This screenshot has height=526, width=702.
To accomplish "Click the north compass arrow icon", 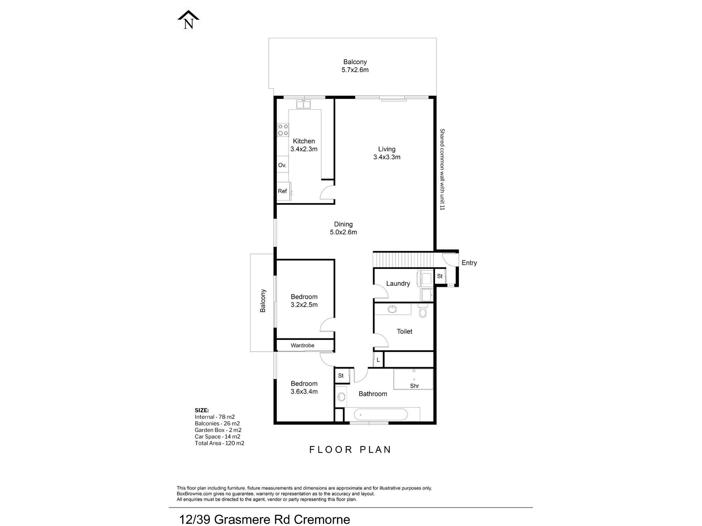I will pyautogui.click(x=188, y=20).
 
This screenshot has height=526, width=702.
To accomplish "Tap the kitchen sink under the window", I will pyautogui.click(x=304, y=104).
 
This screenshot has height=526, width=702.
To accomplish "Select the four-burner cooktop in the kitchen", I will pyautogui.click(x=283, y=130).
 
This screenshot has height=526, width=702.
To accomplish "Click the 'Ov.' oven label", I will pyautogui.click(x=282, y=165).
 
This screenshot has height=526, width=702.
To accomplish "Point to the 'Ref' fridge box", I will pyautogui.click(x=283, y=191).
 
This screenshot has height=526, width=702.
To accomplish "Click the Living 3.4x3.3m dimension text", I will pyautogui.click(x=387, y=157).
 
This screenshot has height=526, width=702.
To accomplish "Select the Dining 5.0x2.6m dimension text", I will pyautogui.click(x=343, y=232).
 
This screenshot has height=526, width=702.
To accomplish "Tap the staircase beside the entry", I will pyautogui.click(x=403, y=260).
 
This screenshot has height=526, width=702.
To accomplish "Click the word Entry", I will pyautogui.click(x=469, y=263).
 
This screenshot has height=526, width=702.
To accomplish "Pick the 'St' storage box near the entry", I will pyautogui.click(x=440, y=276).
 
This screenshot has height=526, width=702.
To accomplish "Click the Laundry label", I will pyautogui.click(x=398, y=284).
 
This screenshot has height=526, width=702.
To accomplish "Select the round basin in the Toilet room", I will pyautogui.click(x=392, y=309).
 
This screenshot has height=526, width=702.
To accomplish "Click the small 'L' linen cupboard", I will pyautogui.click(x=378, y=360).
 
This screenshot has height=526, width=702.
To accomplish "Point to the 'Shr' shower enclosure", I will pyautogui.click(x=413, y=379).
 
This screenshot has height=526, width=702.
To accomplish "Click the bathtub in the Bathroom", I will pyautogui.click(x=381, y=414).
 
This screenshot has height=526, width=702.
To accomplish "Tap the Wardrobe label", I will pyautogui.click(x=303, y=345).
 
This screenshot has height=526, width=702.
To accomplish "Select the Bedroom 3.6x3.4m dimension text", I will pyautogui.click(x=304, y=392).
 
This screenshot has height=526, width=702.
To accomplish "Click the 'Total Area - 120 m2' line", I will pyautogui.click(x=219, y=443).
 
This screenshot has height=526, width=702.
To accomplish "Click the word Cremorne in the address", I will pyautogui.click(x=322, y=519).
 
